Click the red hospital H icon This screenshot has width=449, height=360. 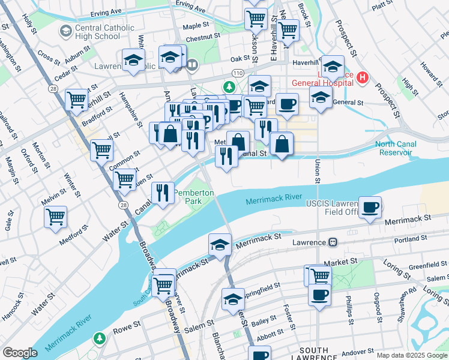point(362,77)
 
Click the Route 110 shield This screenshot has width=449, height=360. point(238,73)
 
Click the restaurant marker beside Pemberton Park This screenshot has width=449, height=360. point(161,193)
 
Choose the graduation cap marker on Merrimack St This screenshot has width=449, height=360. point(220,245)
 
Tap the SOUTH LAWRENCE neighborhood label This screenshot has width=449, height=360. point(313,354)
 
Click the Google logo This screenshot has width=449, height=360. point(20,353)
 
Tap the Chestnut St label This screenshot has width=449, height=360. point(200,38)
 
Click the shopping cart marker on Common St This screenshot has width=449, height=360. point(102,150)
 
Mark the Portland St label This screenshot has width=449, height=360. point(411,240)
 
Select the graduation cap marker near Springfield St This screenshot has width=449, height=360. point(233,300)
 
